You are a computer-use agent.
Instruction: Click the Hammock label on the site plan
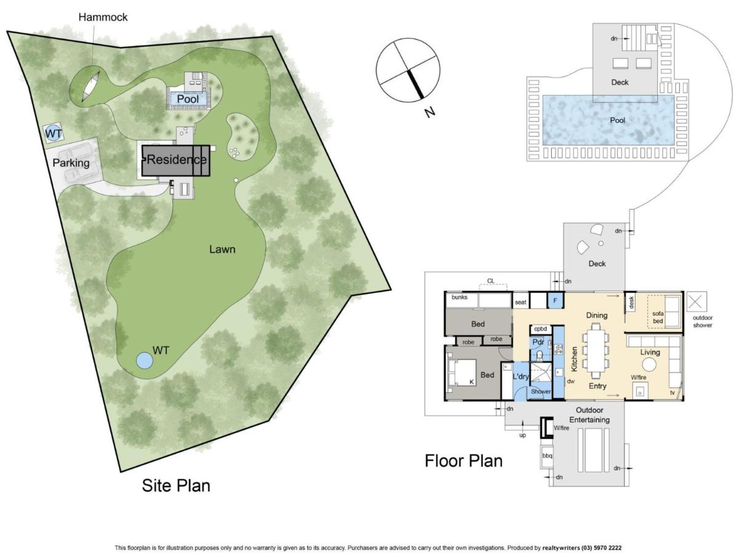click(103, 17)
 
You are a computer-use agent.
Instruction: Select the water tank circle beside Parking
click(53, 133)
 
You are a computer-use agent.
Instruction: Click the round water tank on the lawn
click(145, 360)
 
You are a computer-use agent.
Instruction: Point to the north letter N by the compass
click(429, 112)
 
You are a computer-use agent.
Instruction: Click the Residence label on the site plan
click(177, 159)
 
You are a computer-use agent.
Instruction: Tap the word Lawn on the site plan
click(222, 249)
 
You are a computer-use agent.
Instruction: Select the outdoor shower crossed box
click(697, 302)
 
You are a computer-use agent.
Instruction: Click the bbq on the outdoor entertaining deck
click(547, 456)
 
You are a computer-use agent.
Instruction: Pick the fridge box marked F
click(555, 300)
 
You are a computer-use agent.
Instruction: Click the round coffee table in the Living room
click(648, 364)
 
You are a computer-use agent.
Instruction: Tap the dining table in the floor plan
click(596, 350)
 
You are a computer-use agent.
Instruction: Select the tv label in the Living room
click(672, 393)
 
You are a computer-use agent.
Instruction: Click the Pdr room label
click(538, 342)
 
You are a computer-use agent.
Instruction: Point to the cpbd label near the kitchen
click(540, 329)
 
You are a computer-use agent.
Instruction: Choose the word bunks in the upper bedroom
click(459, 297)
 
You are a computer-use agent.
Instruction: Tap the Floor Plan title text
click(464, 461)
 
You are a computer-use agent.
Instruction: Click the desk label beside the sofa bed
click(631, 302)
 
